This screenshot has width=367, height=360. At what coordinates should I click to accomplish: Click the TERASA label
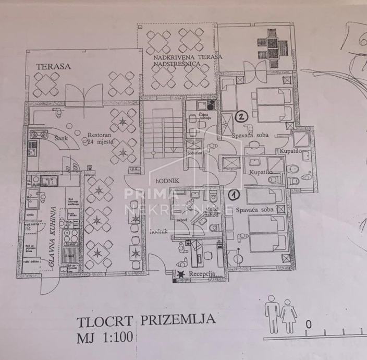tap(53, 66)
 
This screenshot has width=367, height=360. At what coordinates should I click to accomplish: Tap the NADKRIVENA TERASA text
tap(188, 56)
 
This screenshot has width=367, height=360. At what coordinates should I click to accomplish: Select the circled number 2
tap(241, 117)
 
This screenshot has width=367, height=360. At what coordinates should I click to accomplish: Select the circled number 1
tap(234, 195)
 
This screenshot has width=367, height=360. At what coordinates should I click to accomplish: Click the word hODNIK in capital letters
tap(167, 180)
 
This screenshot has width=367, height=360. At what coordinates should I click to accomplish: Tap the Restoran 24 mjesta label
tap(99, 137)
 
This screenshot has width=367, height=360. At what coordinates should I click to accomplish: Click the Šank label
tap(64, 138)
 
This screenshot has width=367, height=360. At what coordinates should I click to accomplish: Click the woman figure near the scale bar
tap(288, 314)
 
